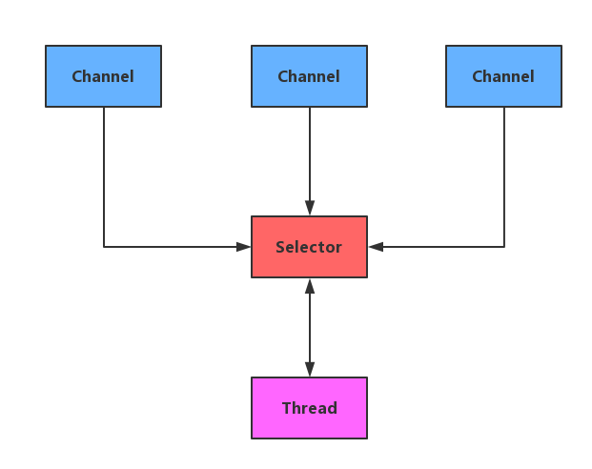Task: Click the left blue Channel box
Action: tap(103, 76)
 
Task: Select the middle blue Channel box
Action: tap(309, 76)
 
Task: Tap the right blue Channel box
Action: tap(503, 76)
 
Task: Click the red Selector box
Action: tap(309, 247)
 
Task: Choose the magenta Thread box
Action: tap(309, 408)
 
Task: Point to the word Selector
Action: tap(309, 247)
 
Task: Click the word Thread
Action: tap(309, 408)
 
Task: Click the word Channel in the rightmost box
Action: tap(503, 76)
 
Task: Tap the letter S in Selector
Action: tap(280, 247)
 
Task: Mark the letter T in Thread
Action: tap(286, 408)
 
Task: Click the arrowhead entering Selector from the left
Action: tap(243, 247)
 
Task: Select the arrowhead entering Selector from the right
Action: tap(376, 247)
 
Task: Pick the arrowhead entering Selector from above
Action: tap(309, 208)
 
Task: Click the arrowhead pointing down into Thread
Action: tap(309, 369)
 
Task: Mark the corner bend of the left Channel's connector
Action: tap(104, 247)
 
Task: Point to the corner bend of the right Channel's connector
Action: tap(503, 247)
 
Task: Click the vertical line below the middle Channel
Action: tap(309, 153)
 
